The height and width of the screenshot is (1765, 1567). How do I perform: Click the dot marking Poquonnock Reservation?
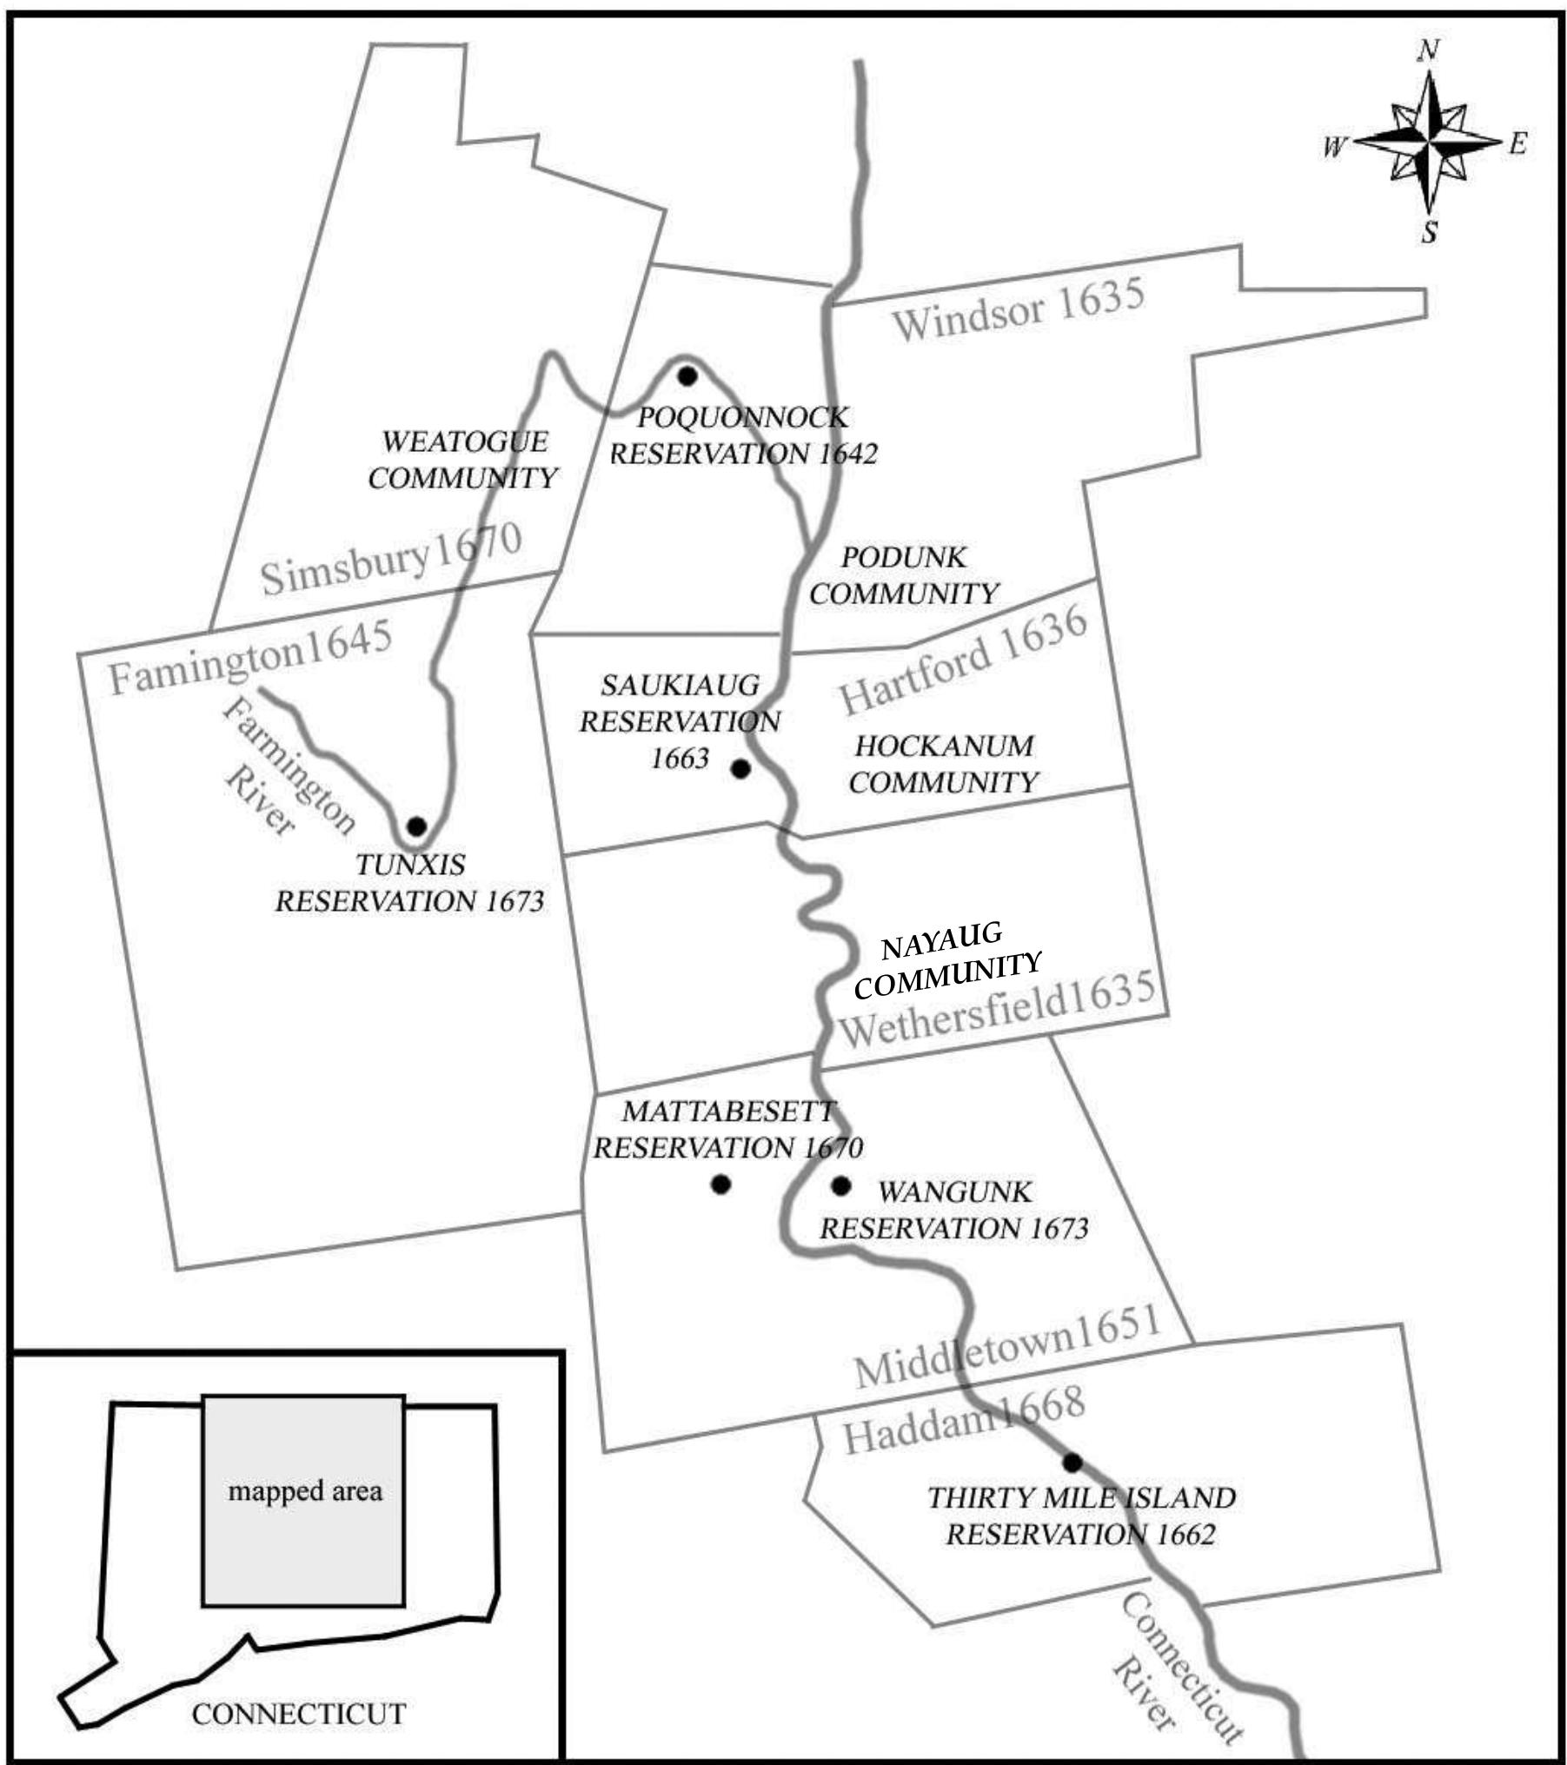pos(687,376)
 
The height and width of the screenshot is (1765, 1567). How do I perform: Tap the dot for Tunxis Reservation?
pos(416,826)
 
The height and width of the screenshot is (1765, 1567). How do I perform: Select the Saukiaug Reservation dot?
pos(740,768)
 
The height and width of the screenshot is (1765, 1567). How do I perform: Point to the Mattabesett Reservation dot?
pos(720,1184)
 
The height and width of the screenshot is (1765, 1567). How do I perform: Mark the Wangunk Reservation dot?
pos(840,1184)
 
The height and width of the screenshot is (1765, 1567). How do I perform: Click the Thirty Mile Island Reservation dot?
pos(1072,1463)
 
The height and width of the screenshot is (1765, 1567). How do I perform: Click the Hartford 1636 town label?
pos(963,659)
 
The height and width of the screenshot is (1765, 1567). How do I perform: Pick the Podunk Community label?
pos(904,575)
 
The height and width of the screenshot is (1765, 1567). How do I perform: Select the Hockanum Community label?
pos(944,764)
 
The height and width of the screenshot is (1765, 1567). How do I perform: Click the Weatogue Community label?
pos(464,460)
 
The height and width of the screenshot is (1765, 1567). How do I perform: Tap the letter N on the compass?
pos(1428,51)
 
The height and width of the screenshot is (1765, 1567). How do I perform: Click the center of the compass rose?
pos(1429,141)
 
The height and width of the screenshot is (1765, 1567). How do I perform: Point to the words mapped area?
pos(305,1491)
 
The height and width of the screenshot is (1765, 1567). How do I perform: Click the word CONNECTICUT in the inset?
pos(299,1689)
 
